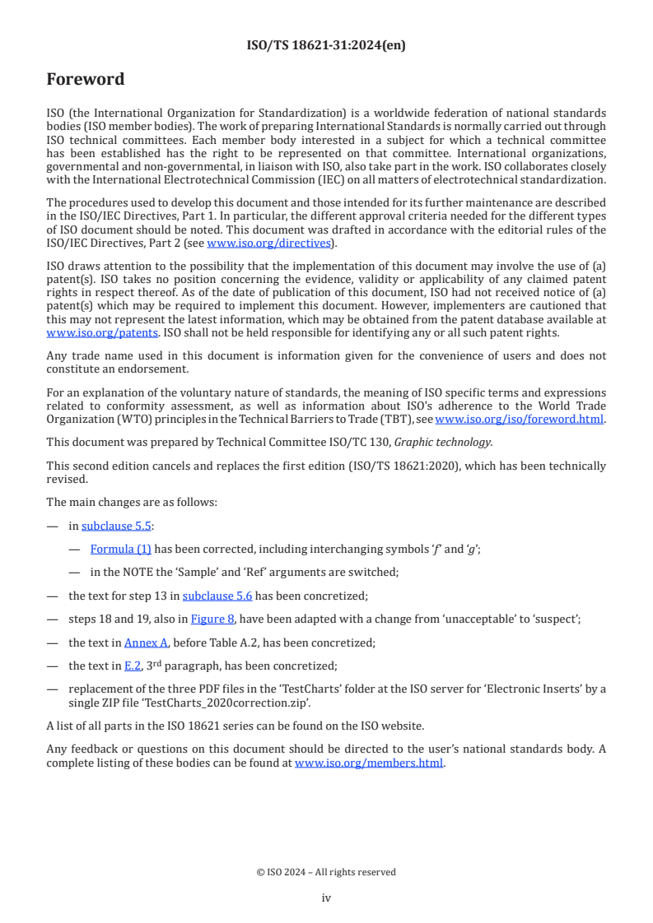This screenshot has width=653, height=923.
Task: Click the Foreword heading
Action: [x=86, y=79]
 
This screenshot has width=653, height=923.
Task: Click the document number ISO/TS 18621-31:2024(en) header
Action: [x=326, y=47]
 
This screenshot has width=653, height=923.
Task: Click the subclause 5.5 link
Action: [x=116, y=526]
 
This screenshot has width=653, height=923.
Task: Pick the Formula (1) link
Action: [x=121, y=549]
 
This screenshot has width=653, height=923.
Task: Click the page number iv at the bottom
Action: [x=326, y=897]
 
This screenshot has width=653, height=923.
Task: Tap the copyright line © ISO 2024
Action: [x=326, y=872]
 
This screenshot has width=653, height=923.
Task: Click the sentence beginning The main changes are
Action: [x=132, y=502]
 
